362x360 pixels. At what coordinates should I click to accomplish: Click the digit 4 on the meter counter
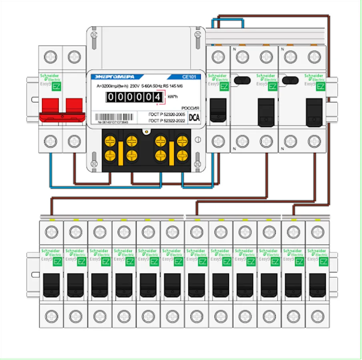point(158,97)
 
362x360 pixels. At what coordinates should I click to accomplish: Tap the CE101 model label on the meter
point(188,77)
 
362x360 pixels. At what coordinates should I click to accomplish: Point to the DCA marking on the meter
point(194,118)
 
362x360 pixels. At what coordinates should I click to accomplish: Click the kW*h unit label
point(173,97)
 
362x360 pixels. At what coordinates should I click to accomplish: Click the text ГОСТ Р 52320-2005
point(167,114)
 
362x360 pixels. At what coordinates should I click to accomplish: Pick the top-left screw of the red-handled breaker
point(50,57)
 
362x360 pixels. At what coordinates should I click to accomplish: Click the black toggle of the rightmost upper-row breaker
point(314,112)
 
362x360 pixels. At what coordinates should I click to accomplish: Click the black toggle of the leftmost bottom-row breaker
point(52,285)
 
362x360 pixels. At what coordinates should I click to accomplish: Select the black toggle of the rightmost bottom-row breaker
point(318,285)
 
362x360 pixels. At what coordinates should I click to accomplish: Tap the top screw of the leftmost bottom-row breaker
point(52,232)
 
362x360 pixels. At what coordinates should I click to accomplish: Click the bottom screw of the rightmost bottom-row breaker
point(318,316)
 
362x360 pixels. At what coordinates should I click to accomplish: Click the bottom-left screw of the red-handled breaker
point(50,141)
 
